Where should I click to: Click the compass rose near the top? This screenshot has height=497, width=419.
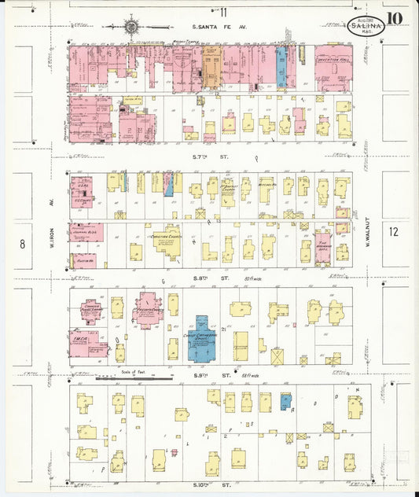[130, 28]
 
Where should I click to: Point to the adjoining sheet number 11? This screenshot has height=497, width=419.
[223, 12]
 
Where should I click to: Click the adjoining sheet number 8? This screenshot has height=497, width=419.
[22, 244]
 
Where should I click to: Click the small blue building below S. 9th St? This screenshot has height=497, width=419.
[286, 401]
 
